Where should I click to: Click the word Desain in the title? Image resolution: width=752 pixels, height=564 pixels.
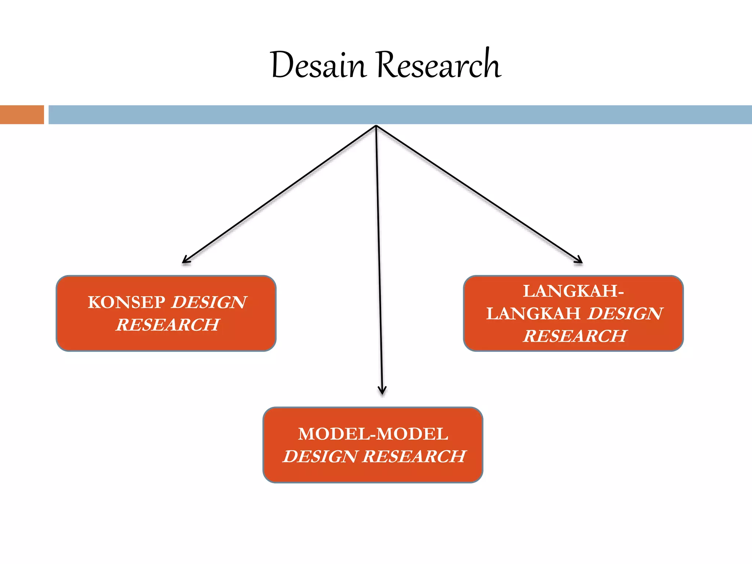coord(318,65)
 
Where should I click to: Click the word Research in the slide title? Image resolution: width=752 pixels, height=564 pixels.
coord(438,63)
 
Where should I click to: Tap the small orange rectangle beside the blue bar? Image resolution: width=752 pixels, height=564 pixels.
coord(22,115)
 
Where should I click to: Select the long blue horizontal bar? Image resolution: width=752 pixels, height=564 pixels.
coord(400,115)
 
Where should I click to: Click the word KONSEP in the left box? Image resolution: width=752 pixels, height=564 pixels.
coord(126,303)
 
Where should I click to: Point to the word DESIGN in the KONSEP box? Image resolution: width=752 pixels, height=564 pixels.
coord(209,303)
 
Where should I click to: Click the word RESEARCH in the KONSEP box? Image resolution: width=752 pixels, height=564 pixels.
coord(168,325)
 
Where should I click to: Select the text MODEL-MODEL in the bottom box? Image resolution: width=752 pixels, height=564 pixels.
coord(373,434)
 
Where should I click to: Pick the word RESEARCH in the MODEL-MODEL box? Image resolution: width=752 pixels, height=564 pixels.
coord(415,456)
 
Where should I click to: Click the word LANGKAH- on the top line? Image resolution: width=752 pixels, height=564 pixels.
coord(574,291)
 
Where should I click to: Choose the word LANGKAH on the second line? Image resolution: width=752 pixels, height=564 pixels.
coord(534,314)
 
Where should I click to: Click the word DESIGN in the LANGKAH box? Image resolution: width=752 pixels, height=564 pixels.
coord(626,314)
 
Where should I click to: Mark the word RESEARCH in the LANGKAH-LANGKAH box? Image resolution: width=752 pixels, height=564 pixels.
coord(575,336)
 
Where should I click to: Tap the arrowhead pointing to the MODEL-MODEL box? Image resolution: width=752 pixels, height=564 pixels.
coord(382,390)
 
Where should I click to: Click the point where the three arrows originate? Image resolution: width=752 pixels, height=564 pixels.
coord(376,126)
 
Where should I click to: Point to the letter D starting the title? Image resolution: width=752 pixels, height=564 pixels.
coord(282,65)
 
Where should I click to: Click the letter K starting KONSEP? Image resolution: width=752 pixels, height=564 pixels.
coord(94,303)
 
